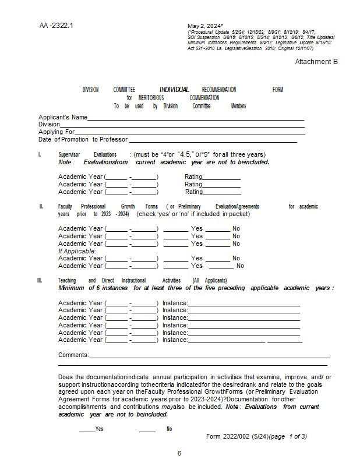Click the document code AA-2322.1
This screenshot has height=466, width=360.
(57, 26)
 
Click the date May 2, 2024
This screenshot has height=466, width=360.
(204, 26)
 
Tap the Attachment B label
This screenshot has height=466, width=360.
(316, 62)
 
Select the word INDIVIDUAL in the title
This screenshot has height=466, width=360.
(174, 90)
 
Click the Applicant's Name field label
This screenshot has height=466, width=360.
(63, 117)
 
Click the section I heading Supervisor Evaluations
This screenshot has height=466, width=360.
(87, 155)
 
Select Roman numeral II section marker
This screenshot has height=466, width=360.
(41, 206)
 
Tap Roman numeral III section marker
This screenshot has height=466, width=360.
(40, 280)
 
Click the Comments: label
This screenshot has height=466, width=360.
(73, 355)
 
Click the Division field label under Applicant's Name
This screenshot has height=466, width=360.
(49, 124)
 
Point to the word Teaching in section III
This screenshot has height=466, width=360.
(67, 280)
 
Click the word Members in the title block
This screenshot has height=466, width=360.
(238, 106)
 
